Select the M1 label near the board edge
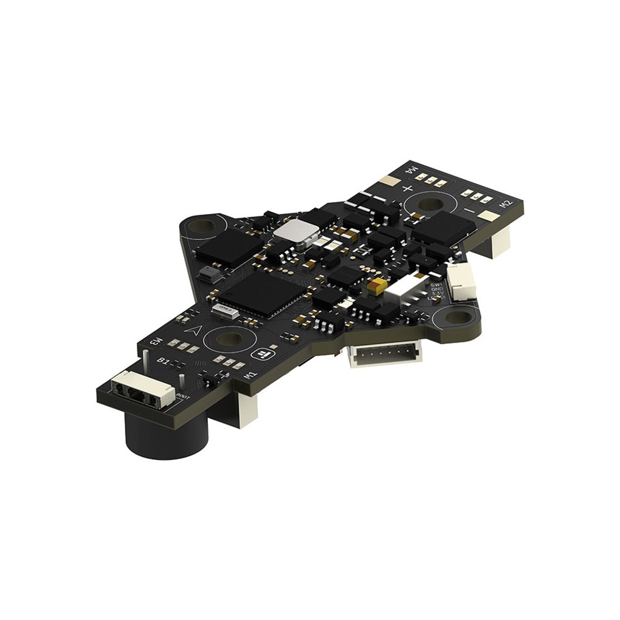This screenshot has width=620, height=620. click(x=249, y=375)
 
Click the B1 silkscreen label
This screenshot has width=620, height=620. click(x=163, y=361)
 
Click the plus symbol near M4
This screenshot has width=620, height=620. click(x=407, y=188)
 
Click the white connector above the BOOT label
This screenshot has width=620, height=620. click(x=142, y=389)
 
